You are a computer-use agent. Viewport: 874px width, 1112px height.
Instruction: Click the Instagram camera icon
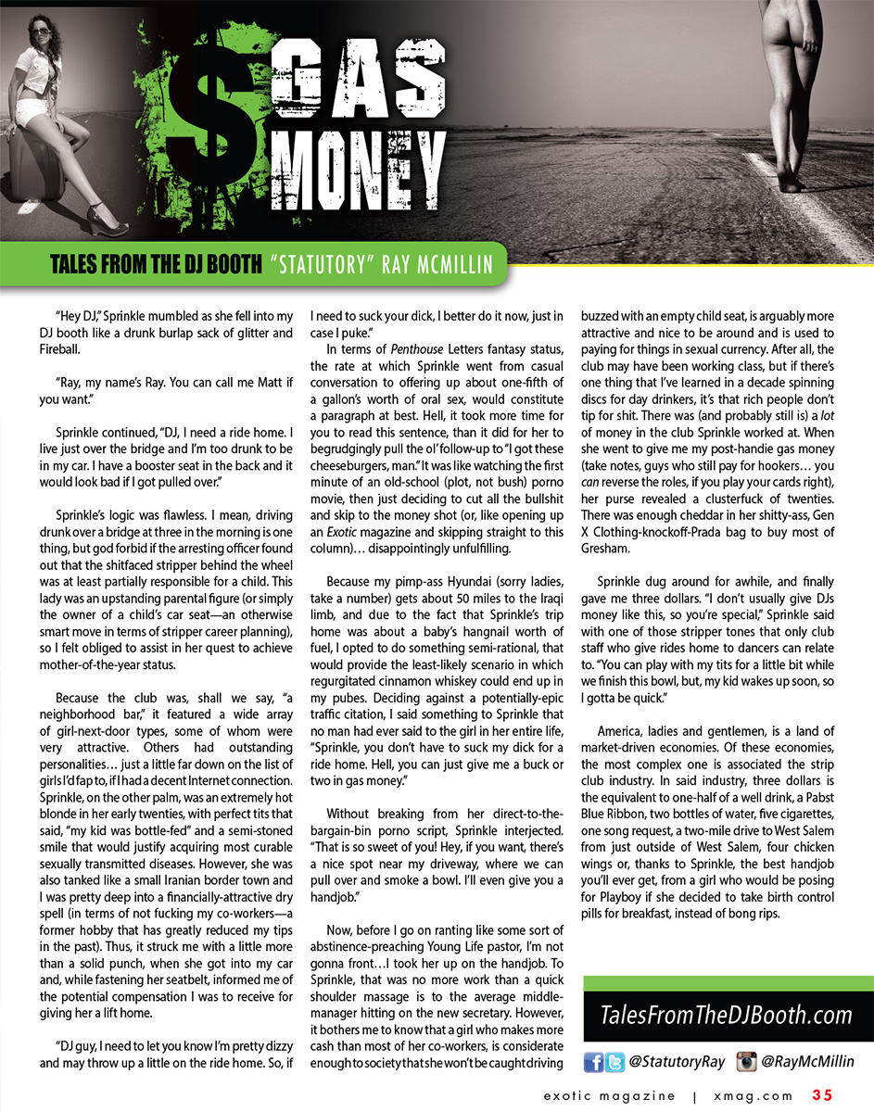click(746, 1062)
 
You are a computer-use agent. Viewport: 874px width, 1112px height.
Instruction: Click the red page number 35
click(823, 1094)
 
